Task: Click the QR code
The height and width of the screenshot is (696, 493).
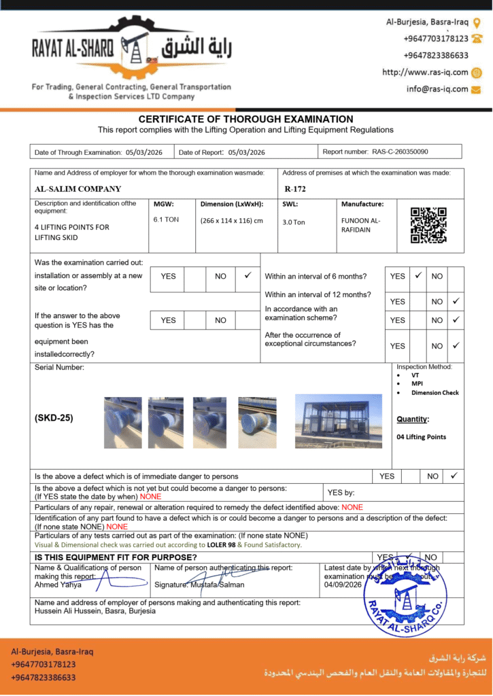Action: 428,225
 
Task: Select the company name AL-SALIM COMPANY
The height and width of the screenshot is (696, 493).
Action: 78,189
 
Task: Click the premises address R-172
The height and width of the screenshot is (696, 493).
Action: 294,189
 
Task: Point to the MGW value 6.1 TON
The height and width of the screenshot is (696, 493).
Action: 167,220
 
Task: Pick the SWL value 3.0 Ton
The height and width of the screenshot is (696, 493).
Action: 294,222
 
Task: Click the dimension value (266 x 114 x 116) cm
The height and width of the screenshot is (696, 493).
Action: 231,220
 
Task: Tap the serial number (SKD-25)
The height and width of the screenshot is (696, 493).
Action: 54,418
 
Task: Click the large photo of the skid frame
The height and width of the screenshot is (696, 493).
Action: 339,421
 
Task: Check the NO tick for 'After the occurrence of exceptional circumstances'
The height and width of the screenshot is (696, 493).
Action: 456,345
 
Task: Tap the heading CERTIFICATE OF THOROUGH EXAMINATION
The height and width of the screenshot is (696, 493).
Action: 246,119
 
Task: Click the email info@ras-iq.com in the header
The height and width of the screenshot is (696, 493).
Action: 437,89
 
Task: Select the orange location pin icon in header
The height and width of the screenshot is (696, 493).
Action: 477,22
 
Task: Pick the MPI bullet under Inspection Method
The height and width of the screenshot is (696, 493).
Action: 417,383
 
